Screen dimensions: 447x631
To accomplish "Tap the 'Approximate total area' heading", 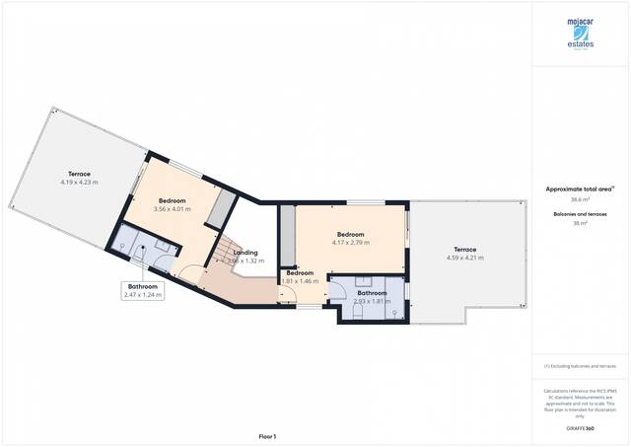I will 580,188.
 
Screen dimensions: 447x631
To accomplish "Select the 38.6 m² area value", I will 580,199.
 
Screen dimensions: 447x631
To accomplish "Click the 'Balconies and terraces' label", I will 580,213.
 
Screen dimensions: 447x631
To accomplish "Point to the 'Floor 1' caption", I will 267,436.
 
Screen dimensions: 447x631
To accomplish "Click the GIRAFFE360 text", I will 581,429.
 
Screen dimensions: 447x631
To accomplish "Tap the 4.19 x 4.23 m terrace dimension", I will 79,182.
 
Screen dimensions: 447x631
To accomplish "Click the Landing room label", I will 245,253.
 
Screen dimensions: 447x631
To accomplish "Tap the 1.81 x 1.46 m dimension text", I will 298,281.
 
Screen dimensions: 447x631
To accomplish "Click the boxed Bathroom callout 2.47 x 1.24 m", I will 144,290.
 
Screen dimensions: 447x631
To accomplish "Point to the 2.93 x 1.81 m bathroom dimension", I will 372,301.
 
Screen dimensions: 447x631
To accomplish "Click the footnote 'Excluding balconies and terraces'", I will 580,367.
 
